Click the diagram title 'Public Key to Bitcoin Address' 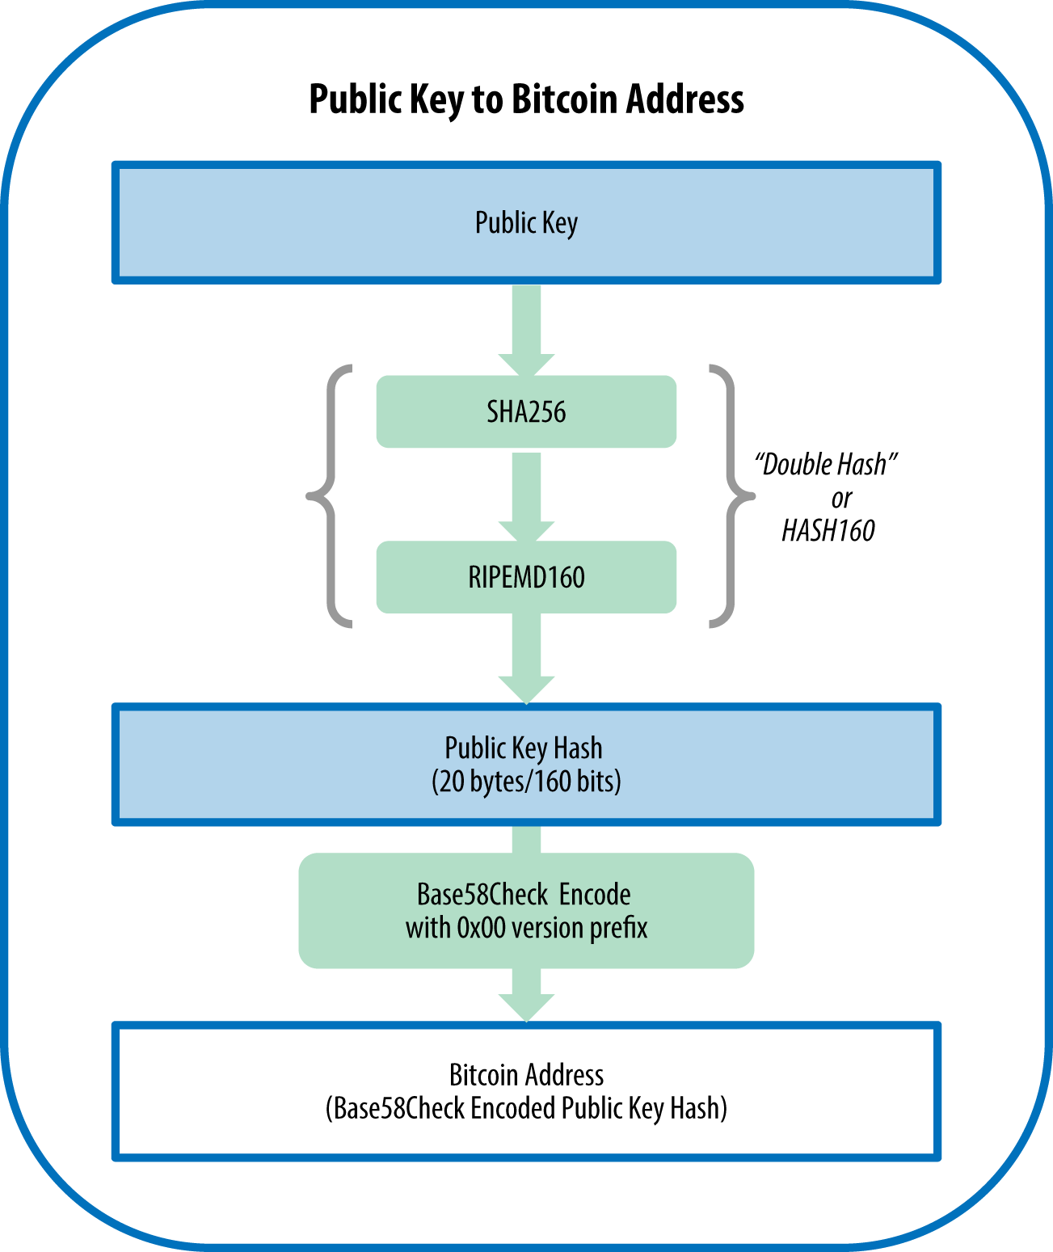tap(526, 99)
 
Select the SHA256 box tap(526, 411)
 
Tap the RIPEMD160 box tap(526, 577)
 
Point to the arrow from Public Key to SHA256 tap(526, 327)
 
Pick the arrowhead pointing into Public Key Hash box tap(526, 689)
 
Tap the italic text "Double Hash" tap(826, 465)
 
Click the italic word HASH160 tap(828, 530)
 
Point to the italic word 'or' tap(841, 498)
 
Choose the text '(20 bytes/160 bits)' tap(526, 782)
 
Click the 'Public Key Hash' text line tap(524, 748)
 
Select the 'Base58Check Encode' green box tap(526, 910)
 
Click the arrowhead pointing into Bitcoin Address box tap(526, 1007)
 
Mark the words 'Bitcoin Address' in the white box tap(526, 1075)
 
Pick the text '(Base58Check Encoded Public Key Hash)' tap(526, 1108)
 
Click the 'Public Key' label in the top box tap(526, 222)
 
